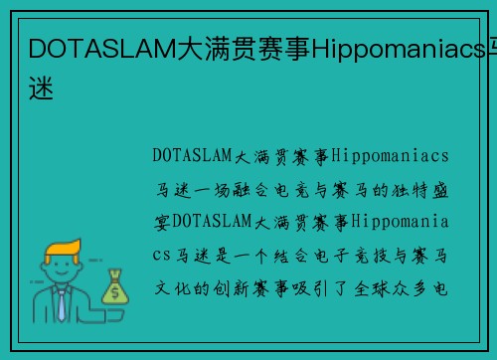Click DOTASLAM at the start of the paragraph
[193, 156]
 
